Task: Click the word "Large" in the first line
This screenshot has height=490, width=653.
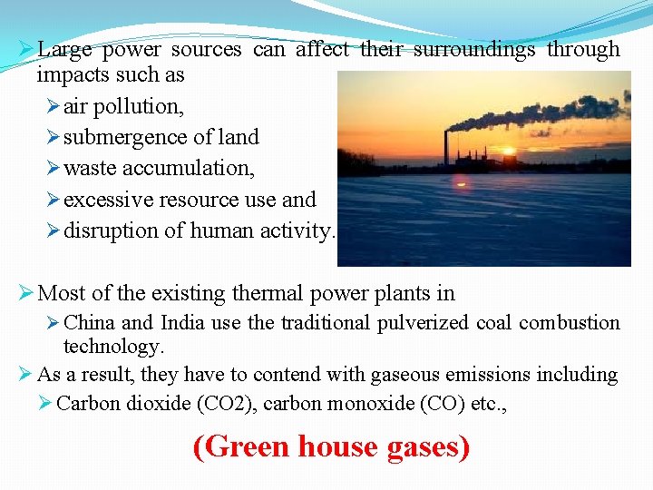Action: point(65,50)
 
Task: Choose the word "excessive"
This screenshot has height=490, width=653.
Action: point(109,200)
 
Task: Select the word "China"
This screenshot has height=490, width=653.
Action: point(90,323)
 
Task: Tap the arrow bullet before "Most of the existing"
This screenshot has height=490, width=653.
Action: point(26,293)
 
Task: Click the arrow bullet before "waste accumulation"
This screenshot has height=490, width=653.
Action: point(53,169)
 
